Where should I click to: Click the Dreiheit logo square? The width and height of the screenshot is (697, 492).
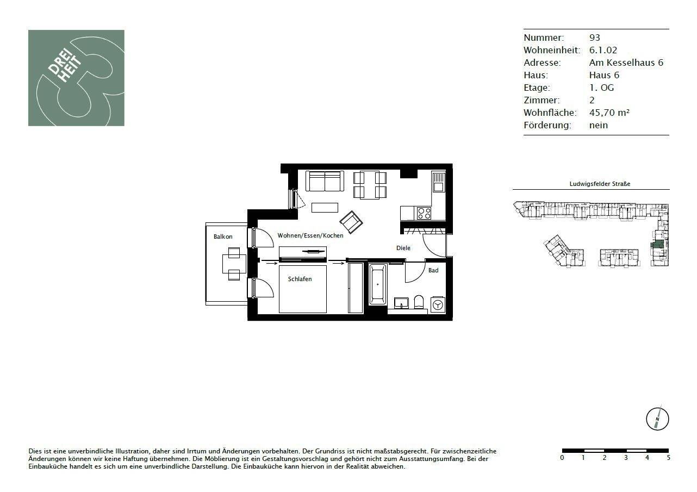tap(76, 78)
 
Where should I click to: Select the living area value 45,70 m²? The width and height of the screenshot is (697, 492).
tap(609, 113)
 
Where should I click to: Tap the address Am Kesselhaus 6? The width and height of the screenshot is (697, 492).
tap(626, 63)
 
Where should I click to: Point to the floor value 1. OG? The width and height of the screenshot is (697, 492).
tap(601, 88)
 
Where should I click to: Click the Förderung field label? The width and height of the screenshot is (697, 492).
tap(547, 125)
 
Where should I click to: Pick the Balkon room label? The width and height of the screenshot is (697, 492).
tap(223, 236)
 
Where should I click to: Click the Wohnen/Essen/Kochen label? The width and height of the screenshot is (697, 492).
tap(310, 236)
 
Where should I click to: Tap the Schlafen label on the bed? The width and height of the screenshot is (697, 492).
tap(300, 279)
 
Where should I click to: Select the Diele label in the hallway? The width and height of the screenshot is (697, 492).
tap(403, 248)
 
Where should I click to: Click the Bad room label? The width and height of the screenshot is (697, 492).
tap(433, 270)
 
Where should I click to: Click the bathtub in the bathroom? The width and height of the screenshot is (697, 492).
tap(378, 284)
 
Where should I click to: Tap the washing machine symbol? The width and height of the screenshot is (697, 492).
tap(438, 306)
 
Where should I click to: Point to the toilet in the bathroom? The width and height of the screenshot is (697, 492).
tap(418, 302)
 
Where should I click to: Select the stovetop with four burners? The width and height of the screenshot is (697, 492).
tap(423, 213)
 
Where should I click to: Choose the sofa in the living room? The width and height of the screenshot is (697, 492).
tap(325, 181)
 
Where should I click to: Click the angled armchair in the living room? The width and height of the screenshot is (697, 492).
tap(351, 222)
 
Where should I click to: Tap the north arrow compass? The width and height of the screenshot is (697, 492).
tap(657, 419)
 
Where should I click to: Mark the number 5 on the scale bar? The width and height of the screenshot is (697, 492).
tap(668, 458)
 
